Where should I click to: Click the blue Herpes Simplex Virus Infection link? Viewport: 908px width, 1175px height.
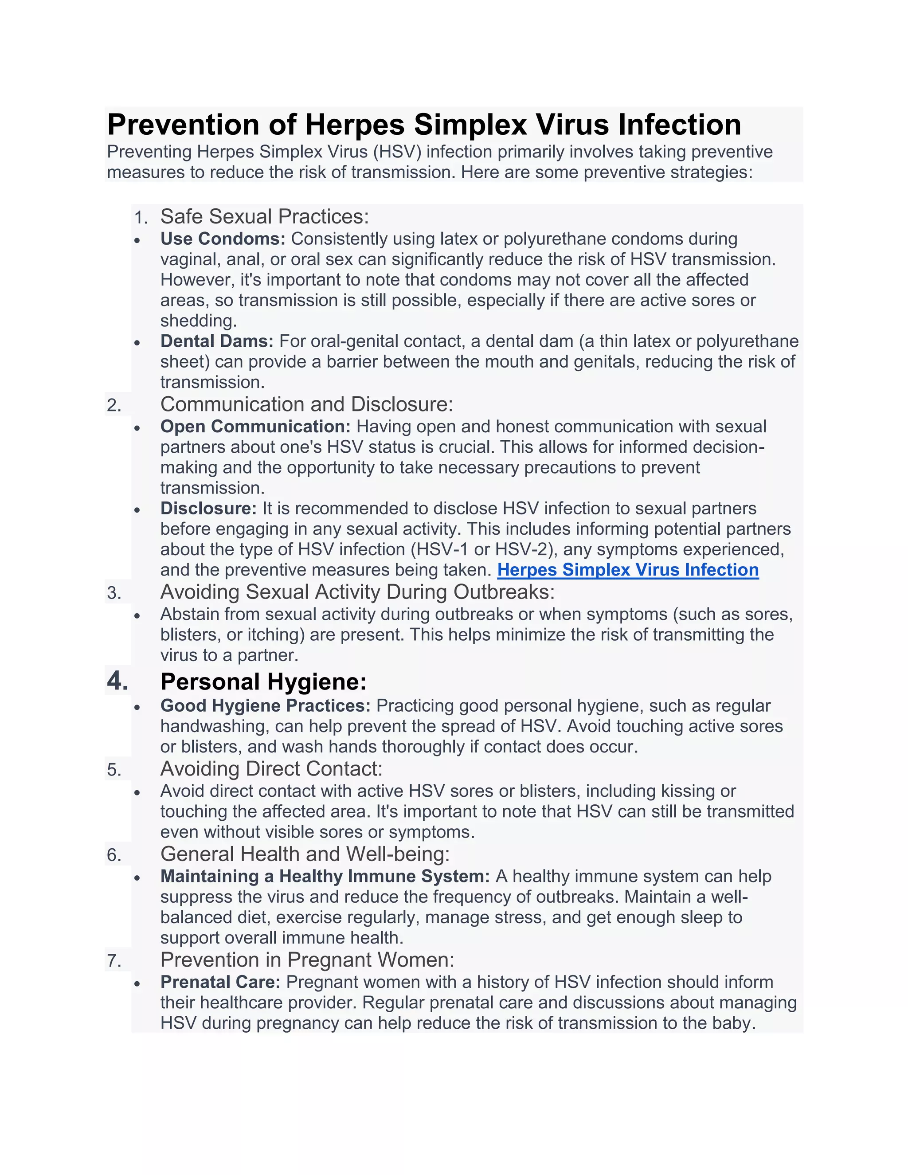tap(628, 570)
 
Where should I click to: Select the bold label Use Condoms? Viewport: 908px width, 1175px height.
tap(223, 239)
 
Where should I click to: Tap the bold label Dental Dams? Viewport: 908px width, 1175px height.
tap(217, 341)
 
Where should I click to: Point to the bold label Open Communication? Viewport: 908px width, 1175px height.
tap(255, 427)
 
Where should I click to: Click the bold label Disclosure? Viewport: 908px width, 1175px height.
tap(209, 509)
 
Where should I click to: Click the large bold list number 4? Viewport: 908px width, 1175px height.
tap(117, 681)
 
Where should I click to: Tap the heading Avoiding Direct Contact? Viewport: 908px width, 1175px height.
tap(271, 769)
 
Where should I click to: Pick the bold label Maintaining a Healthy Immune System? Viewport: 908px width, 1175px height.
tap(325, 877)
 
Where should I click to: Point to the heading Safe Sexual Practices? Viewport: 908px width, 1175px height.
tap(265, 216)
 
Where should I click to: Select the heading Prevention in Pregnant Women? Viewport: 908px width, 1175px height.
tap(307, 960)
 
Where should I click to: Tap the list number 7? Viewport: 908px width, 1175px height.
tap(114, 961)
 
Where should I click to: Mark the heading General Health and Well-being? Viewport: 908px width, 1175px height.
tap(305, 854)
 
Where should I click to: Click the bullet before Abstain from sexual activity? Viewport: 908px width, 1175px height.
tap(138, 615)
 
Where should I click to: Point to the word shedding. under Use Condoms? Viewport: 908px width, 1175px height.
tap(199, 321)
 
